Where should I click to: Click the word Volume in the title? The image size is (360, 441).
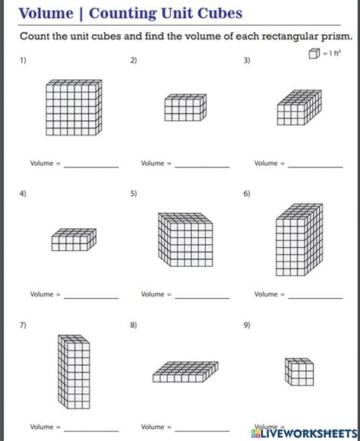(x=46, y=13)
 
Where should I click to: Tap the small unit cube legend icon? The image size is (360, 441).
(x=314, y=52)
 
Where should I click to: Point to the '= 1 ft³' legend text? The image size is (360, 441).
(x=331, y=52)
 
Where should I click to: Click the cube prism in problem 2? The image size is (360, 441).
(x=185, y=108)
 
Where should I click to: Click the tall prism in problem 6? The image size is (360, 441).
(x=298, y=233)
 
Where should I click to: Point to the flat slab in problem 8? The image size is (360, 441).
(x=185, y=370)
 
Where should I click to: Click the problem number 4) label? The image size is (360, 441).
(x=23, y=194)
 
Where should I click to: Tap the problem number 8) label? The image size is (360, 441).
(x=134, y=325)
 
